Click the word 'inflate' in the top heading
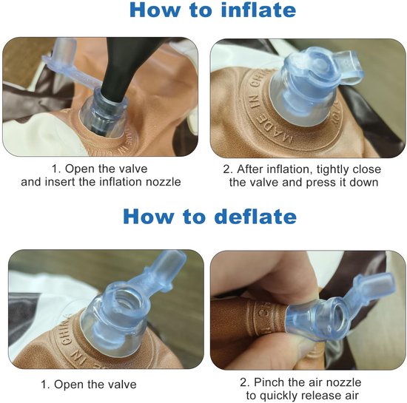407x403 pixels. pos(258,10)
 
